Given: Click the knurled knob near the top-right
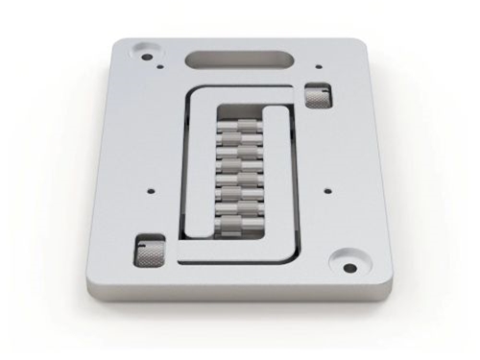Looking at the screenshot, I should [x=318, y=96].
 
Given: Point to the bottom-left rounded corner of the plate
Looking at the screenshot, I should [x=91, y=280].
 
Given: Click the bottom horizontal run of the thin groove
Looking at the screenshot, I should [x=240, y=260].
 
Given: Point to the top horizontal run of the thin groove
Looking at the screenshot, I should [x=240, y=87].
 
